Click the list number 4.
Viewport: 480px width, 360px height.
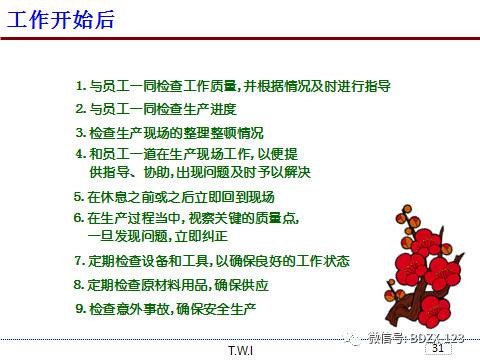(81, 154)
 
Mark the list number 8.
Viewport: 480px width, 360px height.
(81, 284)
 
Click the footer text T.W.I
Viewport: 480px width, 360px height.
(240, 351)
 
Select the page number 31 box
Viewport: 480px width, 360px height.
(435, 349)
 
